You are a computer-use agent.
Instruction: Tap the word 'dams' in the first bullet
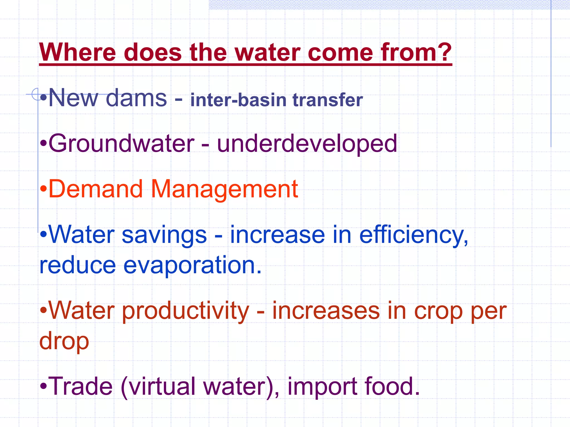click(136, 98)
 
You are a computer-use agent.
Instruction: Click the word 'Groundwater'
click(121, 143)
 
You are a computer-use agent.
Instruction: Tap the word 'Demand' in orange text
click(95, 189)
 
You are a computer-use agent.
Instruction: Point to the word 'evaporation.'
click(192, 265)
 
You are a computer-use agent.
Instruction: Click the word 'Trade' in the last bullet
click(80, 386)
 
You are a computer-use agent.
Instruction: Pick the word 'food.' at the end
click(392, 386)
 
